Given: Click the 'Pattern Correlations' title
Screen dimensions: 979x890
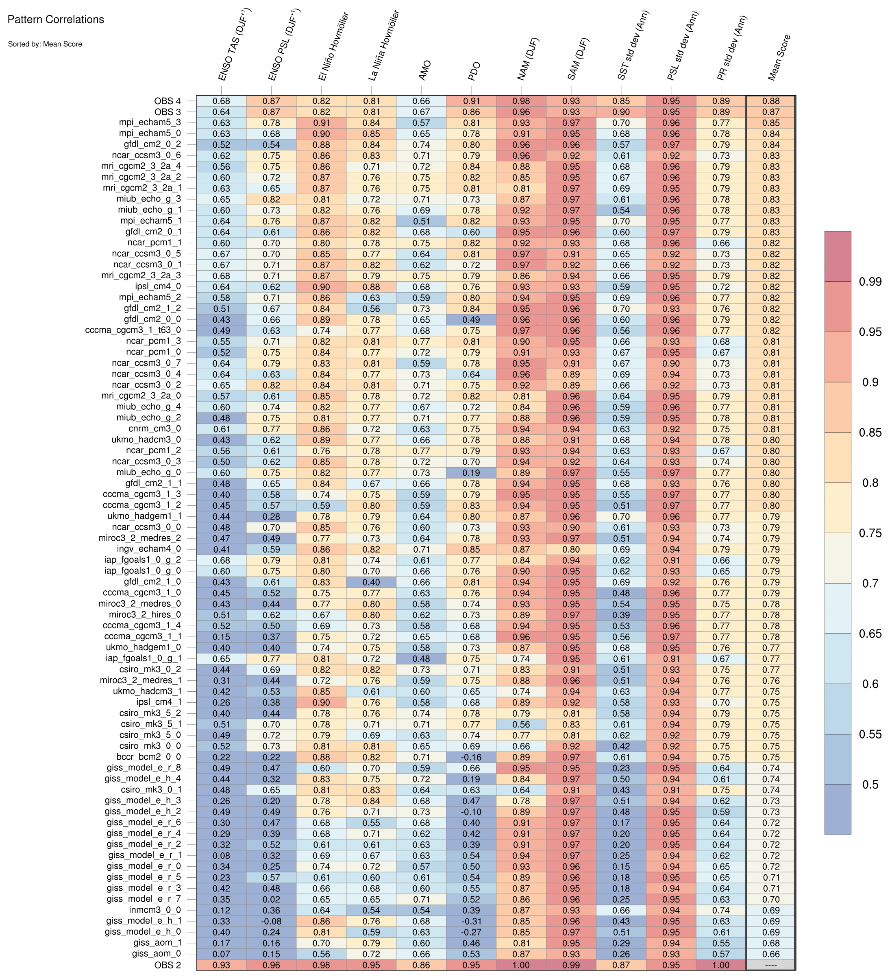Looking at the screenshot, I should [56, 20].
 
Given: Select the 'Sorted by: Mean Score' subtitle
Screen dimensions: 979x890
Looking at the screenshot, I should [45, 44].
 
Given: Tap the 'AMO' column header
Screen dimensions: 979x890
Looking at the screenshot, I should [424, 70].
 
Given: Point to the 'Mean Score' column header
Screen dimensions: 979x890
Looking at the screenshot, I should [779, 57].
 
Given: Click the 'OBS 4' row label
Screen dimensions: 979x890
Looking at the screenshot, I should [168, 101].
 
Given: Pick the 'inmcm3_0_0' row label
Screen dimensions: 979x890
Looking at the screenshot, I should [155, 910].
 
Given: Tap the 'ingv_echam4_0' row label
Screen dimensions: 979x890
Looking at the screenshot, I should [150, 549].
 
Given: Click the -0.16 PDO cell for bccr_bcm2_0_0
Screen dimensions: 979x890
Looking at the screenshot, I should [471, 757].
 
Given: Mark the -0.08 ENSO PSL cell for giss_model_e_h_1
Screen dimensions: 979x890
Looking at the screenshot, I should [271, 921].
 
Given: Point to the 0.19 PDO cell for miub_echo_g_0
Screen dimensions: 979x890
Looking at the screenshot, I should [471, 472].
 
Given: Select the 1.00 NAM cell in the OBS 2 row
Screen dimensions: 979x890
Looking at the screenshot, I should [521, 965].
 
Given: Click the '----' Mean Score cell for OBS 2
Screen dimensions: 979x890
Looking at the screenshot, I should [770, 965].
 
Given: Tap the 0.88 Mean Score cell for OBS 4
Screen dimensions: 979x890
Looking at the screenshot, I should [770, 101].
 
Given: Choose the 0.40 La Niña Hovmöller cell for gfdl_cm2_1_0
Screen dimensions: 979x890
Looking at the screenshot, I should [371, 582].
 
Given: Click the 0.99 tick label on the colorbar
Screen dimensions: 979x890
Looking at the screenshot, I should [870, 282].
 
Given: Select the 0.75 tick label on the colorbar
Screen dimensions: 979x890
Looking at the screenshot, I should [870, 533].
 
